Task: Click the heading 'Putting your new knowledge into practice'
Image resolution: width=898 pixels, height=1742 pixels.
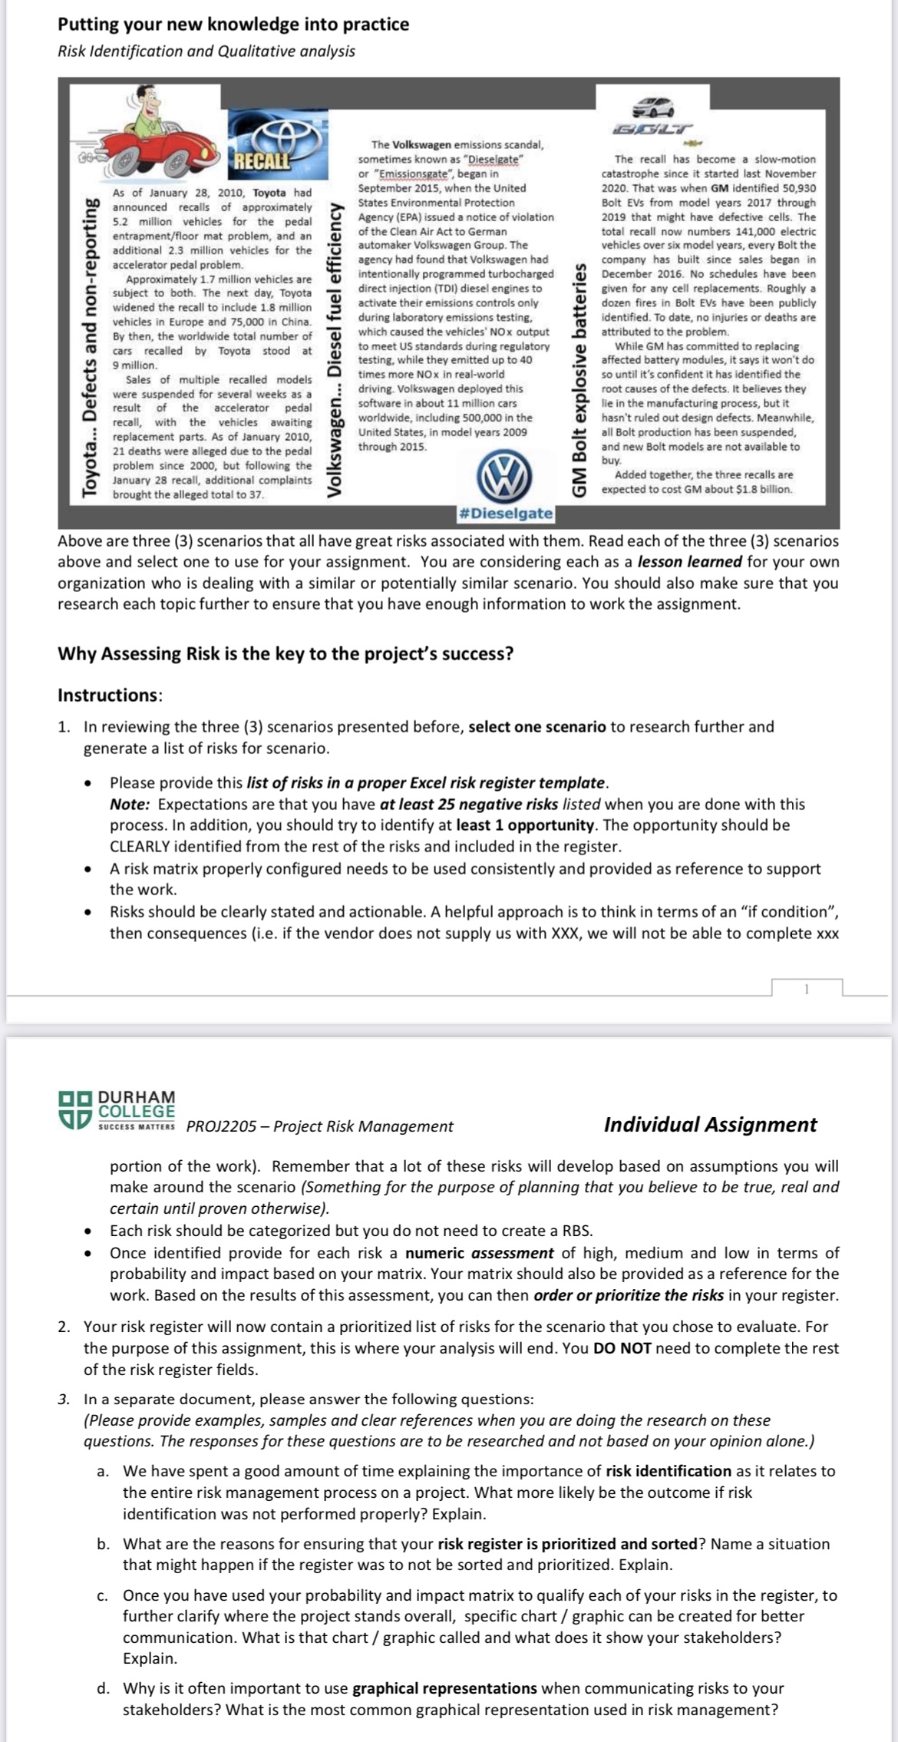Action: point(233,25)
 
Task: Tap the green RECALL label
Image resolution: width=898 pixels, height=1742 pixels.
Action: point(262,161)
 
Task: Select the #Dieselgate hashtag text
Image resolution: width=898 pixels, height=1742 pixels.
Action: point(504,513)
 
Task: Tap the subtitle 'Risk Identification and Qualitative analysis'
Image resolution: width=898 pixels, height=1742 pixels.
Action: point(206,51)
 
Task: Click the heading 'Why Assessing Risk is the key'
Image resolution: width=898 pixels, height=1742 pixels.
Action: point(286,654)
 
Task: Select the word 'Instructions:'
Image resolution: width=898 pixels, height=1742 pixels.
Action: point(110,696)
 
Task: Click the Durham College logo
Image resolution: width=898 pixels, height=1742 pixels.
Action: point(117,1109)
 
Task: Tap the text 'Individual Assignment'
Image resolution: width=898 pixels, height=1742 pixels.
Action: point(710,1125)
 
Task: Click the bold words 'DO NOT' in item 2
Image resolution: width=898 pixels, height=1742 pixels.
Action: point(622,1348)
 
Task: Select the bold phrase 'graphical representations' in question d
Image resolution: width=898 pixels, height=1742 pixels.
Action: point(444,1688)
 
